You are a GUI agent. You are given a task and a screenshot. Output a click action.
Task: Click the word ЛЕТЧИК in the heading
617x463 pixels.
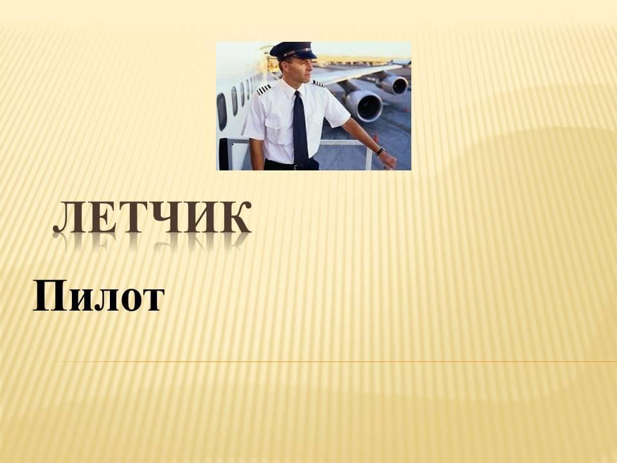tap(152, 217)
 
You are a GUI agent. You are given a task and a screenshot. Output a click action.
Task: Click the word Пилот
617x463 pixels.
tap(98, 296)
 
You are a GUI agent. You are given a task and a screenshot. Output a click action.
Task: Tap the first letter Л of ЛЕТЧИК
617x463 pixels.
tap(67, 218)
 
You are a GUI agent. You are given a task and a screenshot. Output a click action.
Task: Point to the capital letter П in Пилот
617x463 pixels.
tap(49, 296)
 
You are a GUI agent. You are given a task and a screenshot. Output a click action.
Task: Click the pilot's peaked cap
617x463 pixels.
tap(294, 51)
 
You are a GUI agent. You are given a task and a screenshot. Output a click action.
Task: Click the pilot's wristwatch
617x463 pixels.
tap(380, 151)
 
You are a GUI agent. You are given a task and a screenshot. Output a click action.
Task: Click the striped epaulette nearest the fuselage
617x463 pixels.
tap(264, 89)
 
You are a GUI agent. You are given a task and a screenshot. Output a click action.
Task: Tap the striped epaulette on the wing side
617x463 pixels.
tap(318, 83)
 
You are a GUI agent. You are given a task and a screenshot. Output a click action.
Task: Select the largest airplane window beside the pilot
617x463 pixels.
tap(222, 111)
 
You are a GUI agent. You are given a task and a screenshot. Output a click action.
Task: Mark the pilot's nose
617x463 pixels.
tap(312, 68)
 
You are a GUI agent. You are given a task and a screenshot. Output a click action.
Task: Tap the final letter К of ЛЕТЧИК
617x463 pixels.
tap(238, 217)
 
